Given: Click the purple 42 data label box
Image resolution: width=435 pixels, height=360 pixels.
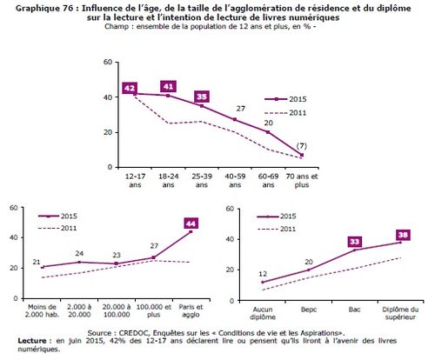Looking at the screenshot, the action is (x=130, y=88).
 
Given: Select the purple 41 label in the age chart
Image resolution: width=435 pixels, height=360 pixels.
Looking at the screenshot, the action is (x=169, y=86).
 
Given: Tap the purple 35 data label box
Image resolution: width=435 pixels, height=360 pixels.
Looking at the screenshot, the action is (x=202, y=97).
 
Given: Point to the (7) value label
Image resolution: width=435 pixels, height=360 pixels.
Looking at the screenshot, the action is (x=302, y=146).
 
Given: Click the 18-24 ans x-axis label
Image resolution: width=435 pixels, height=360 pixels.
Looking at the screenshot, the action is (x=169, y=180).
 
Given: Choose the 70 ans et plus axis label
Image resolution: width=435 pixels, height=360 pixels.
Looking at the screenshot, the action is (x=302, y=180).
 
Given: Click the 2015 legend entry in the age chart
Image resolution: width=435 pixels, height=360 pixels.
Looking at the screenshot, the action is (x=285, y=99).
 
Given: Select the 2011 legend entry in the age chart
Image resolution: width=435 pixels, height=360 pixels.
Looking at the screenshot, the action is (x=285, y=112).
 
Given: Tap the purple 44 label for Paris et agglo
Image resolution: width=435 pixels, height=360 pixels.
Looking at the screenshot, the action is (x=191, y=223).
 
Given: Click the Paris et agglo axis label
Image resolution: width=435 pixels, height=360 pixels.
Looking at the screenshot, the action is (x=191, y=310).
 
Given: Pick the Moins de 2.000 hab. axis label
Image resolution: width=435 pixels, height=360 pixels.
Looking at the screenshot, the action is (x=42, y=310).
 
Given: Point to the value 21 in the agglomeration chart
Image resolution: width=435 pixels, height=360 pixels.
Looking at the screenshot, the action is (x=37, y=262).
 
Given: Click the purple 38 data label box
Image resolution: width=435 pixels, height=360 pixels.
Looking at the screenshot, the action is (x=403, y=235).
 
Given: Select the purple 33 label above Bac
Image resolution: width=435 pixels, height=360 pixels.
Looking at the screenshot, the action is (x=355, y=242).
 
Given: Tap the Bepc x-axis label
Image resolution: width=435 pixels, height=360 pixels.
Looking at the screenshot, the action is (x=309, y=310).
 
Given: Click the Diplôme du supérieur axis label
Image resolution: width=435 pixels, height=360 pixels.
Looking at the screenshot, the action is (x=400, y=313).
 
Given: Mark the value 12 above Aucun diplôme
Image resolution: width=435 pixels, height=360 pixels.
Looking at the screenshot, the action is (x=263, y=274).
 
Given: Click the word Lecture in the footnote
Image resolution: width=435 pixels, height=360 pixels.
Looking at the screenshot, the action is (x=32, y=341).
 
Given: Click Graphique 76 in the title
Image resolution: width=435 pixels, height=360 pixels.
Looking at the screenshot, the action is (x=47, y=9).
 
